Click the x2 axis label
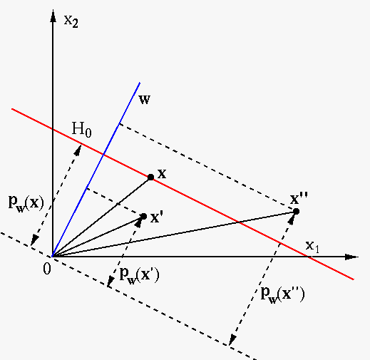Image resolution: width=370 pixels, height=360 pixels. tap(71, 22)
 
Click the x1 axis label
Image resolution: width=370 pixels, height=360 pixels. tap(312, 246)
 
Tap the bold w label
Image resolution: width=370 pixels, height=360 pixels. tap(145, 100)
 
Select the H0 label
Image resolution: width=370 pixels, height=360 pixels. tap(81, 130)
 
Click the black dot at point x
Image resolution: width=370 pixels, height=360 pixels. tap(150, 178)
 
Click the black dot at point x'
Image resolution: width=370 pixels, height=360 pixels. tap(144, 217)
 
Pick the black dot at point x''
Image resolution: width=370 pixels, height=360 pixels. tap(296, 211)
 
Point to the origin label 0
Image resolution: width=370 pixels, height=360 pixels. tap(47, 269)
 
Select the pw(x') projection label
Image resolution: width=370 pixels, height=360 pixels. tap(139, 275)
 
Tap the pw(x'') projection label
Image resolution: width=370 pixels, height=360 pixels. tap(282, 295)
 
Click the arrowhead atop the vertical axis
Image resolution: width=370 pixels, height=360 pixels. tap(53, 16)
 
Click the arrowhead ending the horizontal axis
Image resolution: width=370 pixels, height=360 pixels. tap(351, 257)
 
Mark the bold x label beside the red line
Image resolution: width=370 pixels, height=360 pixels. tap(162, 174)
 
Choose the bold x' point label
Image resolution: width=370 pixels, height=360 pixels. tap(157, 217)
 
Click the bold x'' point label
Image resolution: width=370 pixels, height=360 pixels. tap(299, 198)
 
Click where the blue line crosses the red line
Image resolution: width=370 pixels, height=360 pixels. tap(103, 155)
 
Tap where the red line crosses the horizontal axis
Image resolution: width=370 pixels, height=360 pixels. tap(308, 257)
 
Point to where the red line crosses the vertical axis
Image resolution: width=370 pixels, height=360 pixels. tap(53, 129)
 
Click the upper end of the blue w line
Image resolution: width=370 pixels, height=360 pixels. tap(140, 83)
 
